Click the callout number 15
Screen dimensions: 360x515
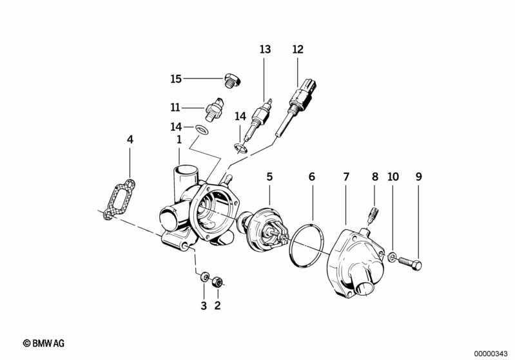(x=176, y=79)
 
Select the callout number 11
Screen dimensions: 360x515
(x=176, y=107)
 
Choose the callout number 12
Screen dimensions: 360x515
(x=297, y=49)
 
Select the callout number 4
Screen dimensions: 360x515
(x=130, y=139)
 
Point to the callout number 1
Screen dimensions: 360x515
(x=179, y=139)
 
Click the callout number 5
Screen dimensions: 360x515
(x=269, y=176)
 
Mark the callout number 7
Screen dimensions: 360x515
(x=346, y=176)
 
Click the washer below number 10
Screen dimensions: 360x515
(x=393, y=258)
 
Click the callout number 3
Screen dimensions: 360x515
(x=203, y=306)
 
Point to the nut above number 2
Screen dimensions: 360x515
(x=218, y=281)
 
